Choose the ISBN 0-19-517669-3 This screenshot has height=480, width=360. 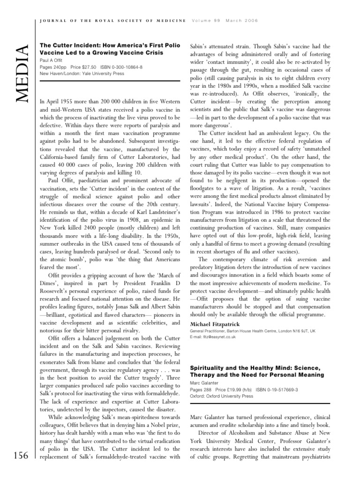pos(272,390)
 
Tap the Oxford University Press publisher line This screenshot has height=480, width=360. pos(221,396)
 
